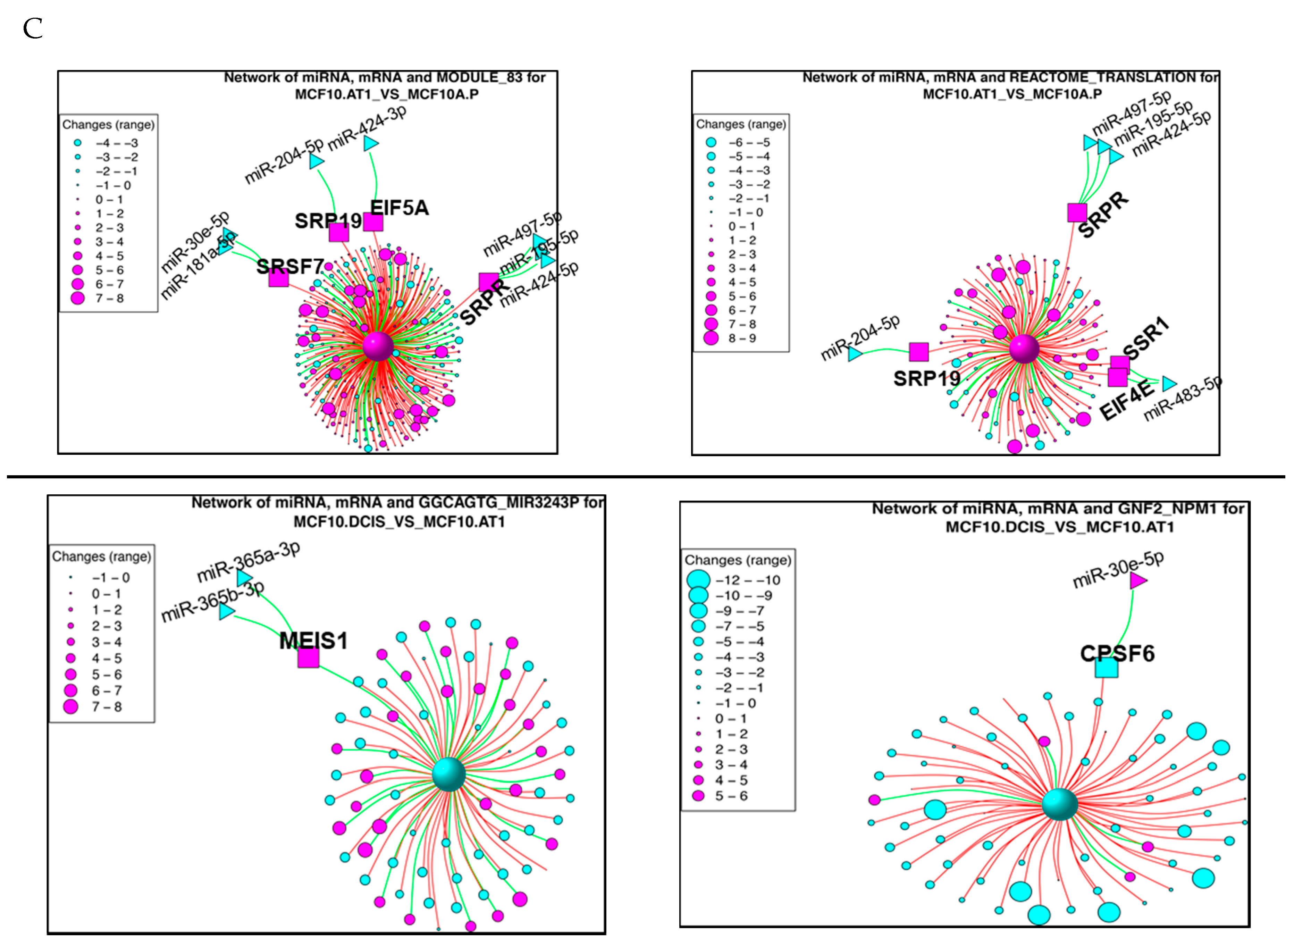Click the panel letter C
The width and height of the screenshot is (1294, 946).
pos(33,28)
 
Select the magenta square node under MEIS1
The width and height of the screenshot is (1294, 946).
pos(308,658)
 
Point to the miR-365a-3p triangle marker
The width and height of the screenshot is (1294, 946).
pos(244,577)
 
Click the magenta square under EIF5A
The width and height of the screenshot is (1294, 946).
pos(373,221)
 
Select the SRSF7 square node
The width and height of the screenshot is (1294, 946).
pos(278,277)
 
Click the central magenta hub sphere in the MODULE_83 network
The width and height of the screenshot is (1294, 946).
pos(378,345)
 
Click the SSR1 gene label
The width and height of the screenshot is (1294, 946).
pos(1144,338)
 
